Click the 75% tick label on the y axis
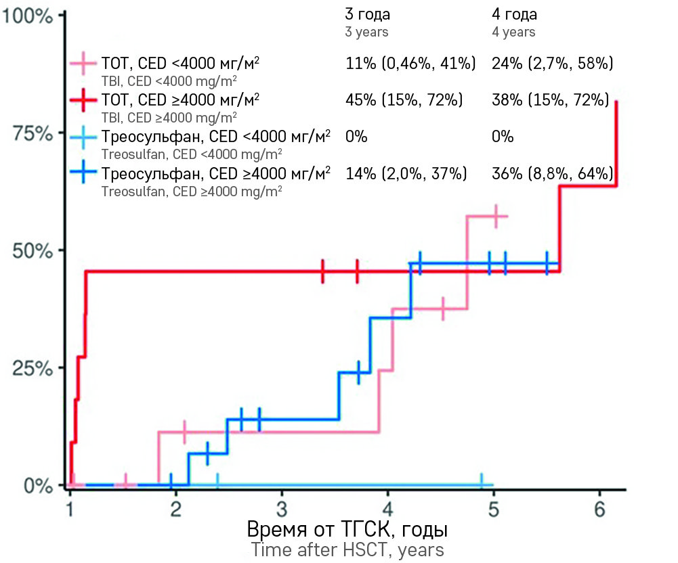[x=33, y=133]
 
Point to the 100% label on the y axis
[x=28, y=16]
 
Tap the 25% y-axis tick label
[x=33, y=369]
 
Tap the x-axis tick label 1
[x=70, y=509]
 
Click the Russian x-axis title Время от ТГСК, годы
[x=347, y=528]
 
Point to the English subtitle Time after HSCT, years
[x=347, y=549]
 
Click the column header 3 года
[x=368, y=15]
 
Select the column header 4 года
[x=514, y=15]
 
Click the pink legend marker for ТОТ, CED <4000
[x=84, y=63]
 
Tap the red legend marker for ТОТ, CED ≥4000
[x=84, y=99]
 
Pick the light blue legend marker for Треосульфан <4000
[x=84, y=136]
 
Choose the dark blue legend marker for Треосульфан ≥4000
[x=84, y=173]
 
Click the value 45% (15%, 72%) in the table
[x=404, y=100]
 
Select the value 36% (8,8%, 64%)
[x=552, y=173]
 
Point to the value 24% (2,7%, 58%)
[x=552, y=64]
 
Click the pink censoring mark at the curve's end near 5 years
[x=496, y=216]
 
